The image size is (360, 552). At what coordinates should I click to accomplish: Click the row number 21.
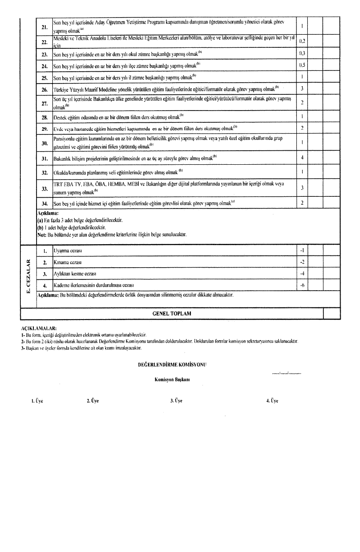click(44, 27)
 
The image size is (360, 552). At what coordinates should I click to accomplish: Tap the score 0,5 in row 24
click(302, 65)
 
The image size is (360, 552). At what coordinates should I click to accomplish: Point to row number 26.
click(44, 88)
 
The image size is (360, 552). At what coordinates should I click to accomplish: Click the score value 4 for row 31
click(302, 158)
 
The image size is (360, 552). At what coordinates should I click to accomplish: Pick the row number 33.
click(44, 188)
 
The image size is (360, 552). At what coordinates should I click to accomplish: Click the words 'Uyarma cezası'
click(68, 250)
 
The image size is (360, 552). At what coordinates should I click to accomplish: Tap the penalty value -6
click(302, 286)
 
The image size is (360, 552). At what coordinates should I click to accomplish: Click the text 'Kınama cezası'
click(68, 262)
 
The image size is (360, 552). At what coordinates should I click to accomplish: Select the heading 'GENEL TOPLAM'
click(173, 313)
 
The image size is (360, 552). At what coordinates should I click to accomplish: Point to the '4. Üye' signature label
click(272, 400)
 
